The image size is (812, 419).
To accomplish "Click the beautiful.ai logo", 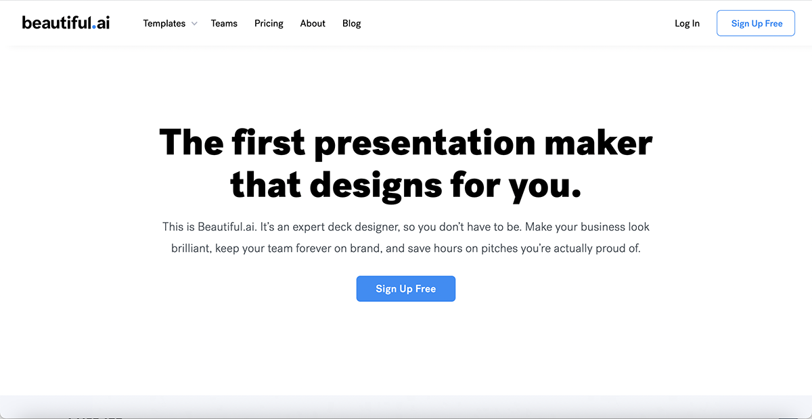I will [x=66, y=22].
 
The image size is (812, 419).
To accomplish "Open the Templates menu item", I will [x=164, y=24].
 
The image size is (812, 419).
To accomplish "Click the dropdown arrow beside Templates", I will [x=194, y=24].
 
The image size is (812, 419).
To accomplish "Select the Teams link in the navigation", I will [x=224, y=24].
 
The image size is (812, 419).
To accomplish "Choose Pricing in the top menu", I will [x=269, y=24].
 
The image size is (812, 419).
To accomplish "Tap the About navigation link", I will [x=313, y=24].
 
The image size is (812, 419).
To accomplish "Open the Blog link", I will [x=351, y=24].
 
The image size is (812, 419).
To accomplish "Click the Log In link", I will [x=687, y=24].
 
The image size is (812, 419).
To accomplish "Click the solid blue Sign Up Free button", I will [x=406, y=289].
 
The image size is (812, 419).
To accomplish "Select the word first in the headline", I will [x=269, y=143].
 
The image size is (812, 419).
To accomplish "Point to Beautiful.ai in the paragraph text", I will [x=227, y=227].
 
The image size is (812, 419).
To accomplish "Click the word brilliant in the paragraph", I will [x=191, y=248].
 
